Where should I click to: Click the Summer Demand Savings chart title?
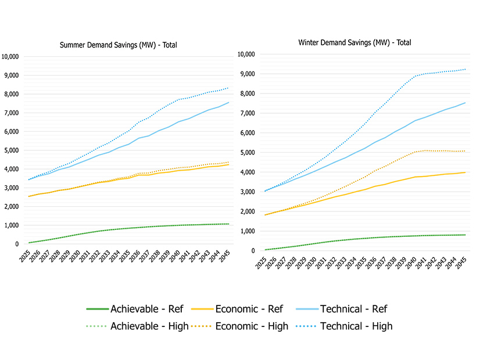(x=120, y=45)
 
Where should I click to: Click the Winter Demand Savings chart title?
(x=355, y=42)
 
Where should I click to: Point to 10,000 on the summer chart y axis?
(x=11, y=56)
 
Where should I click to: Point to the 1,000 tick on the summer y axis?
(x=13, y=225)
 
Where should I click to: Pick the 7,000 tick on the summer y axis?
(x=13, y=113)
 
